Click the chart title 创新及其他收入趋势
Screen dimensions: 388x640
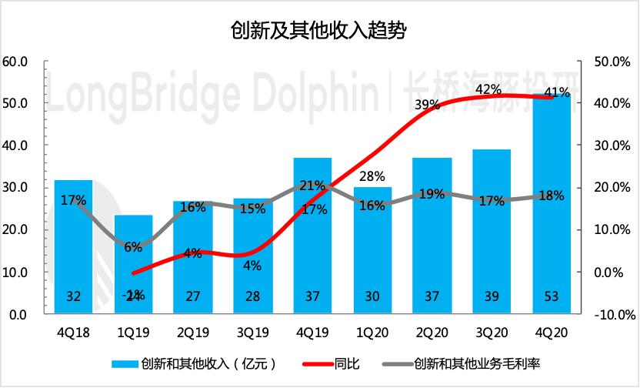pos(318,30)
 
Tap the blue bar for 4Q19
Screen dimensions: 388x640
pos(313,239)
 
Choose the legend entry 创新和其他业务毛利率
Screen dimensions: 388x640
pos(476,363)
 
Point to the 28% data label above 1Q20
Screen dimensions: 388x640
pos(372,176)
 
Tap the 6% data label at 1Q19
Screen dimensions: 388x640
pos(133,247)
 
